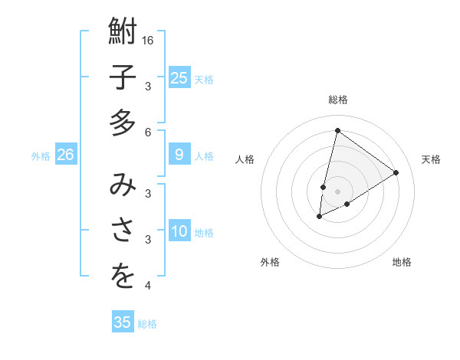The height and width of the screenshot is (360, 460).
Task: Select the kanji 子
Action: tap(123, 77)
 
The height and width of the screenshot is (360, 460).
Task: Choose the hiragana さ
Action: tap(123, 230)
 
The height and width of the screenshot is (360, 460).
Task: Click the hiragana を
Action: tap(123, 276)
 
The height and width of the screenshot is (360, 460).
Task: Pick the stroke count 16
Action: tap(149, 40)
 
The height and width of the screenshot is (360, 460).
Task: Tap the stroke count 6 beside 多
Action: tap(149, 132)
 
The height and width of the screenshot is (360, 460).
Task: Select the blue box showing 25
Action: tap(179, 77)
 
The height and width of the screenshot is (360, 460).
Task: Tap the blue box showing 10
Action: tap(179, 232)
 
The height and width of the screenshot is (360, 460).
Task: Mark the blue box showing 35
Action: tap(123, 322)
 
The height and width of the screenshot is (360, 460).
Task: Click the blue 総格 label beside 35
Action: tap(147, 324)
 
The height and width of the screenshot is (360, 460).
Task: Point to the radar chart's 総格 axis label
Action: tap(337, 100)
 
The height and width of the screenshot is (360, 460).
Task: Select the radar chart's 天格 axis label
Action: tap(431, 159)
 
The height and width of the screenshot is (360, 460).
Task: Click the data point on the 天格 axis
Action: tap(396, 172)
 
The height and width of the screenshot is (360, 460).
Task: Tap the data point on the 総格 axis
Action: tap(337, 130)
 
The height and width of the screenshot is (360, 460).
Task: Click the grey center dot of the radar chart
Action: tap(337, 191)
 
